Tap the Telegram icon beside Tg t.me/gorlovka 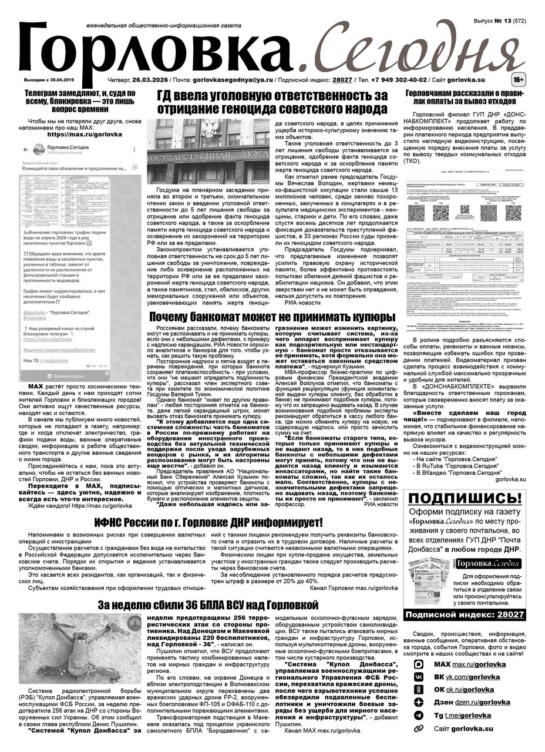click(x=419, y=715)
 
